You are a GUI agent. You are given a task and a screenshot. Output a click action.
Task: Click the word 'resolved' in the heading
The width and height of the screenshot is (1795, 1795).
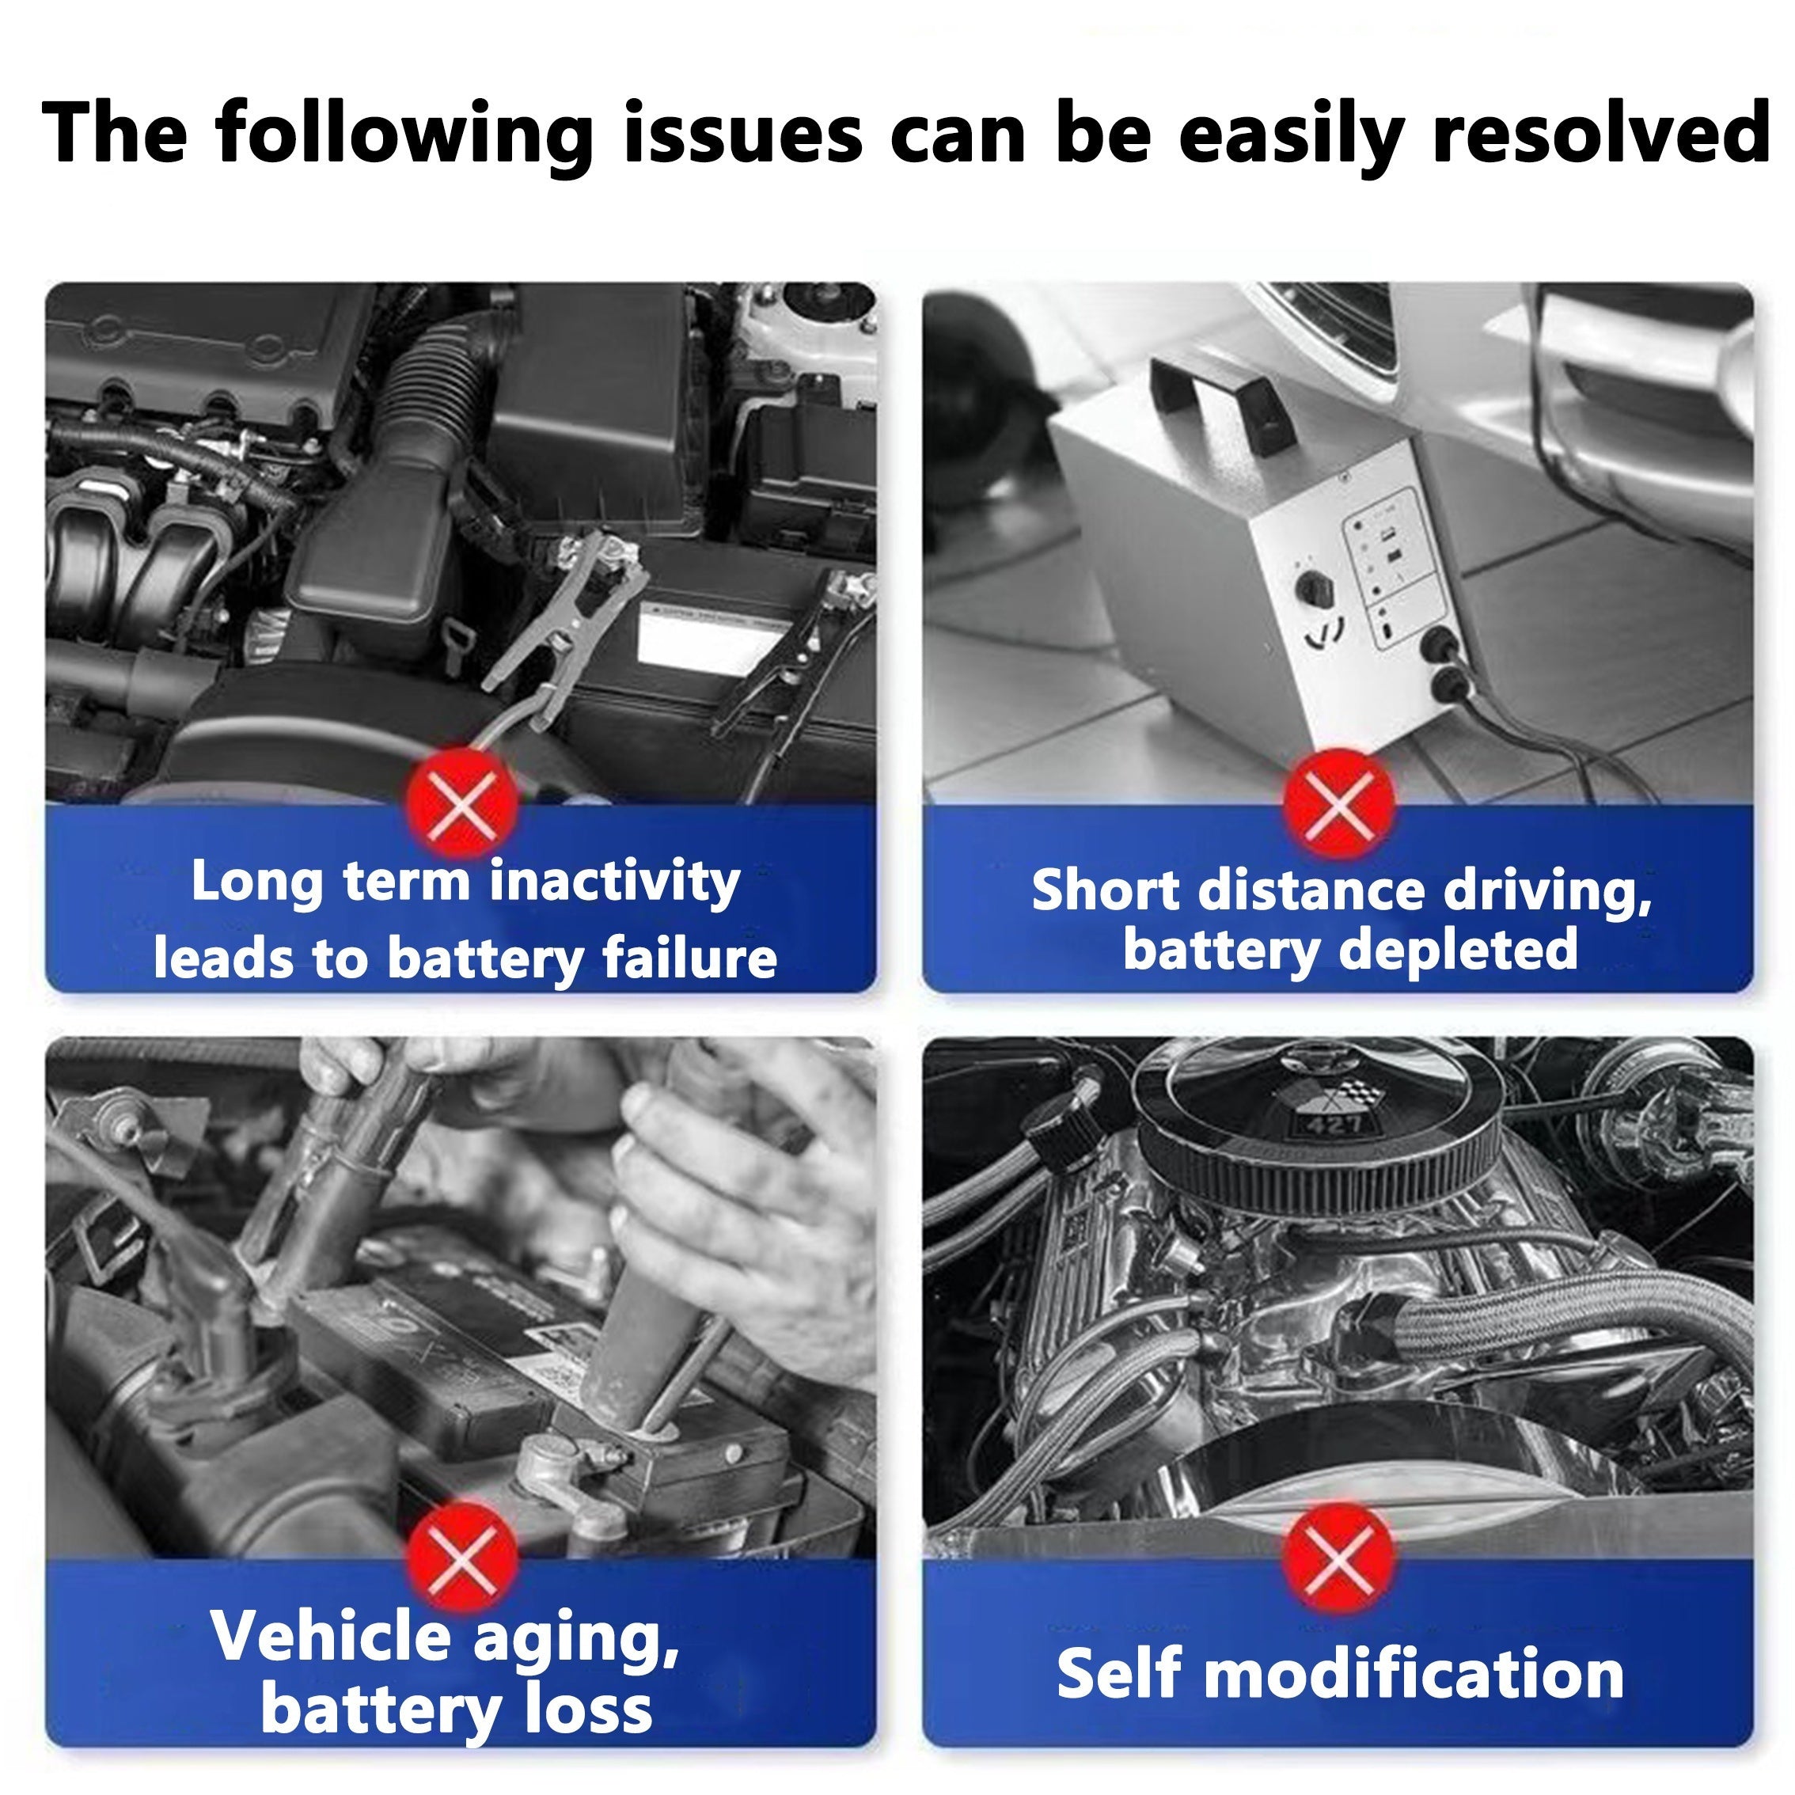point(1600,132)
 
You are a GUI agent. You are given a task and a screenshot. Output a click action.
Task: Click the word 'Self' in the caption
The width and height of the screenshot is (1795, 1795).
point(1118,1673)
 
